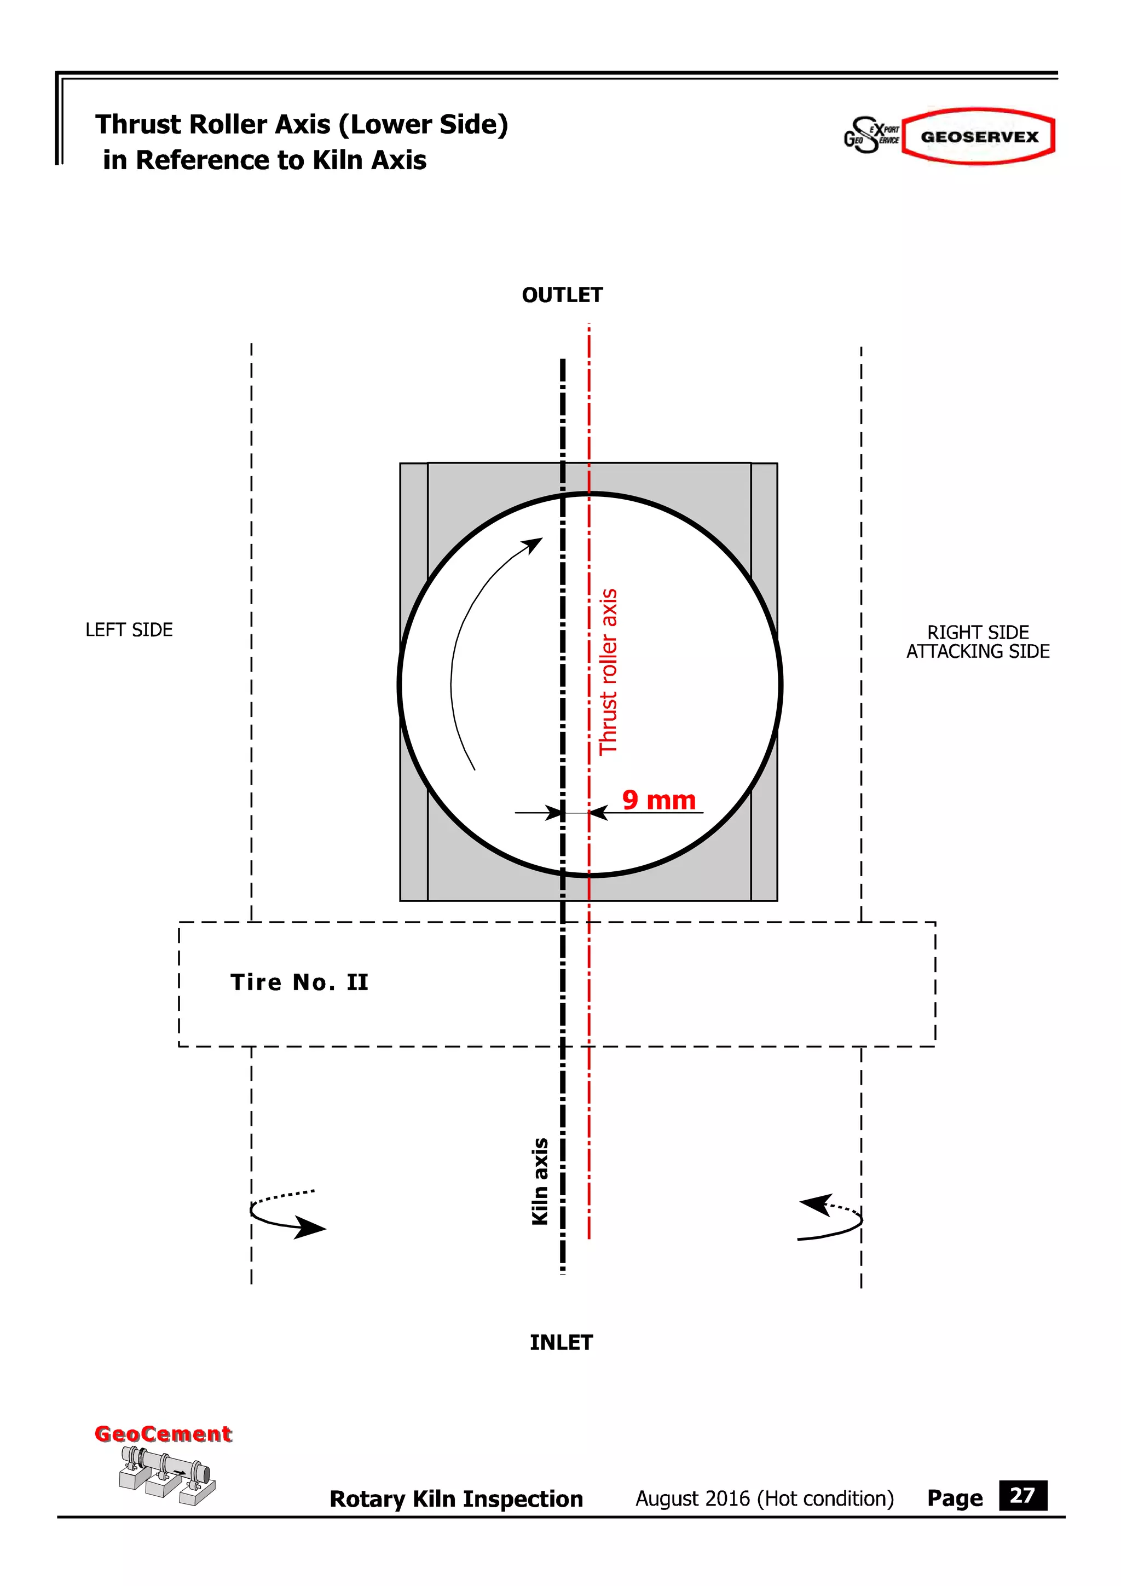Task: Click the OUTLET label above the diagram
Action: coord(562,295)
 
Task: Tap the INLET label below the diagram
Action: coord(561,1342)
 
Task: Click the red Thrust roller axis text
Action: coord(608,672)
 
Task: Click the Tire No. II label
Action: coord(299,982)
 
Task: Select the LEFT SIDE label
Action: coord(129,630)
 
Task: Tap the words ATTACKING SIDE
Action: coord(978,651)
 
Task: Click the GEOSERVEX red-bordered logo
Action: coord(979,136)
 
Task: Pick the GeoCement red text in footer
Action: coord(163,1434)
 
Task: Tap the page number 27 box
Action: coord(1022,1496)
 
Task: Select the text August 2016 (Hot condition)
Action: coord(765,1498)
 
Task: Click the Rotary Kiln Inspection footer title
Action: coord(456,1499)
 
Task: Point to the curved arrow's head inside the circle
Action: coord(533,545)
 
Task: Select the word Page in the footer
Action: coord(955,1498)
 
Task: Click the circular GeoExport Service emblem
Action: coord(870,135)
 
